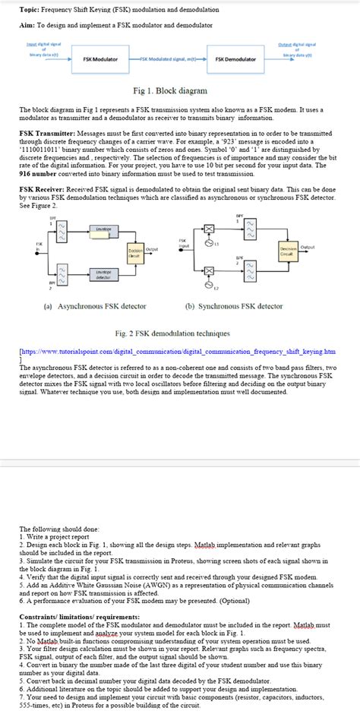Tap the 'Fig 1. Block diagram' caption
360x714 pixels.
[170, 90]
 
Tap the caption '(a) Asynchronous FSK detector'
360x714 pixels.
[96, 306]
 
